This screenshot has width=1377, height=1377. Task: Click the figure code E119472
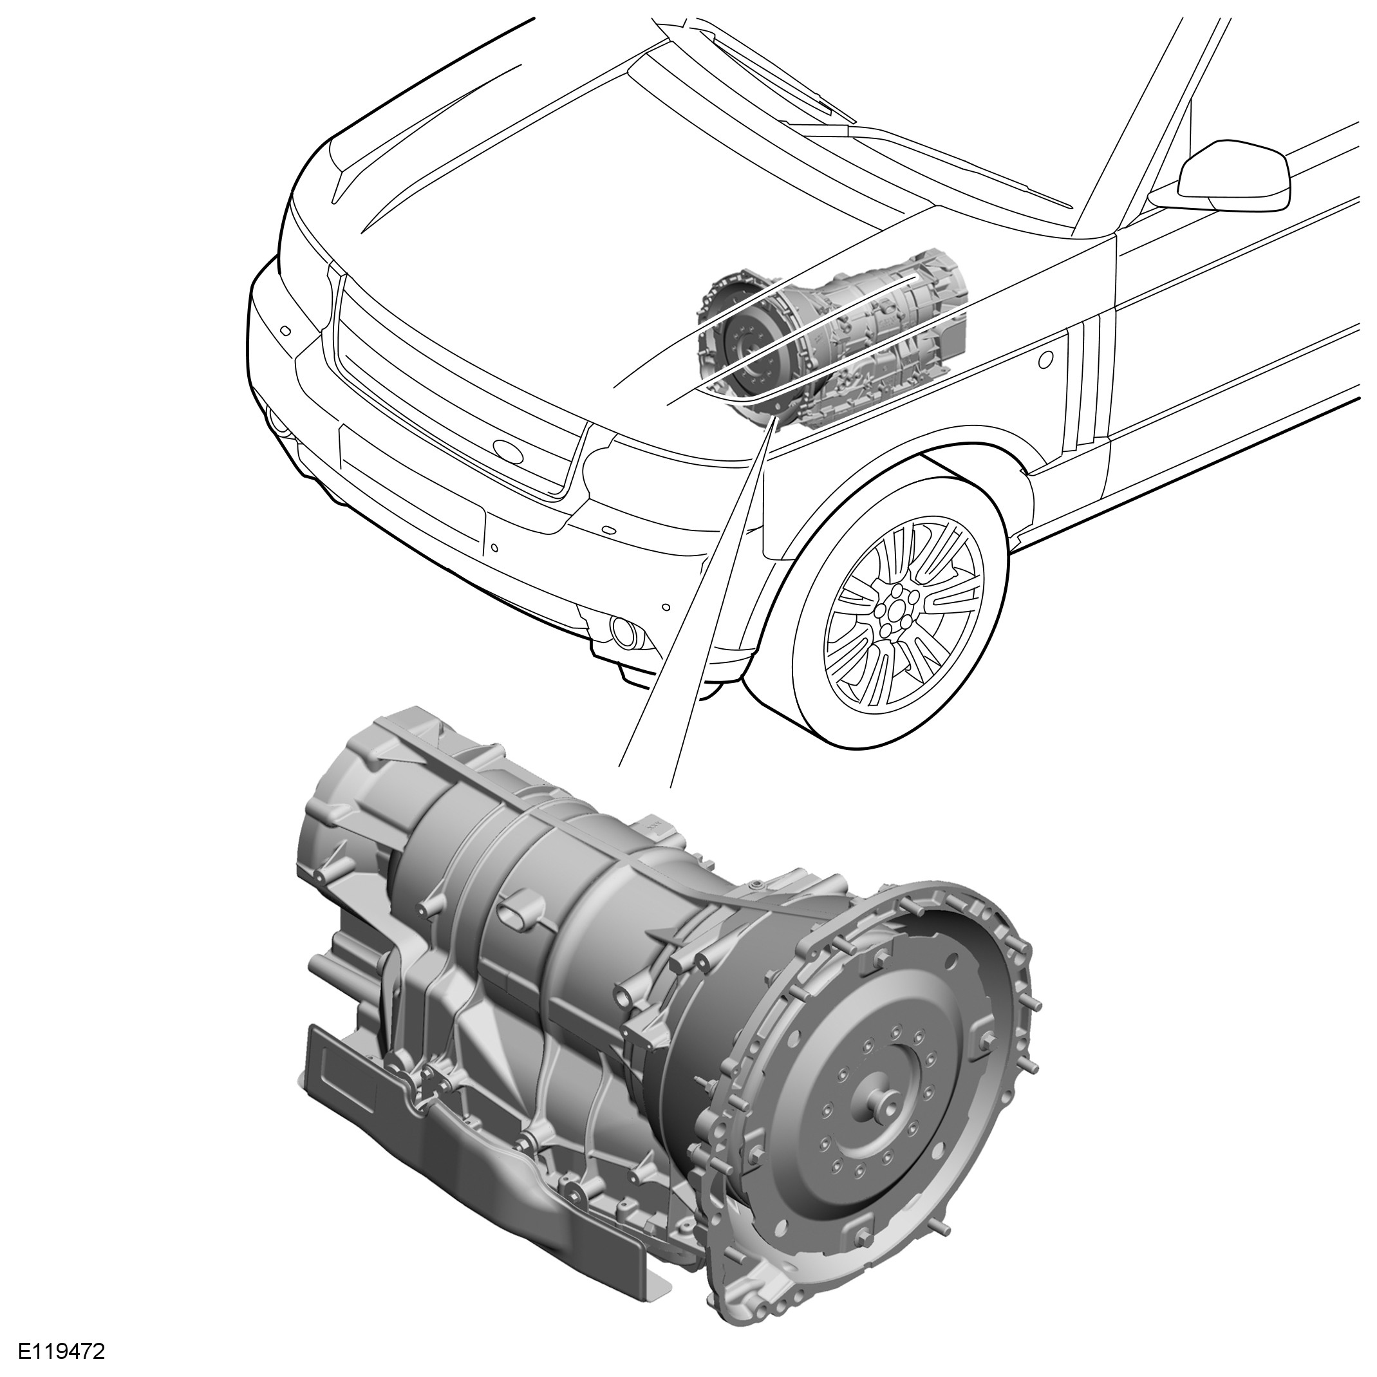tap(62, 1351)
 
